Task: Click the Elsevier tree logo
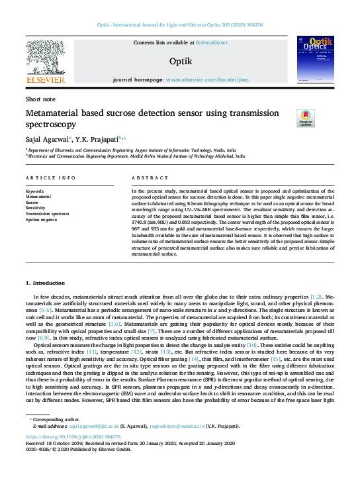(x=44, y=58)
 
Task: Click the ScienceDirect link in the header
(x=212, y=42)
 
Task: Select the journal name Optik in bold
(x=180, y=60)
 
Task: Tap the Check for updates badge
(x=306, y=118)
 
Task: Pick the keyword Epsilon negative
(x=41, y=219)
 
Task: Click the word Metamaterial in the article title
(x=60, y=113)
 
